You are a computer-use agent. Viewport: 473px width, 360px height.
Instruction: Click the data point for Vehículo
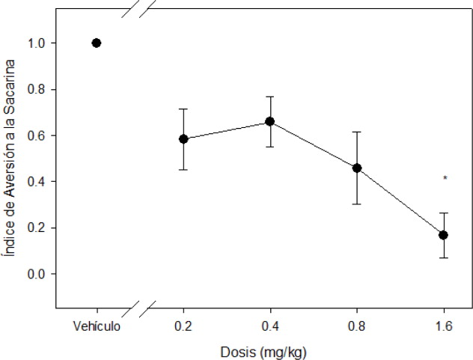coord(97,43)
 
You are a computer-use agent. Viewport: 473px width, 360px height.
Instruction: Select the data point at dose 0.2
coord(183,139)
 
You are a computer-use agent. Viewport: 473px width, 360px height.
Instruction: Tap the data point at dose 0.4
coord(270,121)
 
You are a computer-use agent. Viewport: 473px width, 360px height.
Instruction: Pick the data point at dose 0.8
coord(357,168)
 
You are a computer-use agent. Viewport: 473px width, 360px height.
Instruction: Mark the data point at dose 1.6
coord(444,235)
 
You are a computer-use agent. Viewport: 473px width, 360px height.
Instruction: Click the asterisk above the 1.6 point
coord(445,179)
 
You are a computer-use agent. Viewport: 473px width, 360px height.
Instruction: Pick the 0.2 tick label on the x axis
coord(183,326)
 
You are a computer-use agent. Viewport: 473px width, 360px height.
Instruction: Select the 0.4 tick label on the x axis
coord(270,326)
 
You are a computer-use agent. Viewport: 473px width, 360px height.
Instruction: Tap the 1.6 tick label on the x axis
coord(444,326)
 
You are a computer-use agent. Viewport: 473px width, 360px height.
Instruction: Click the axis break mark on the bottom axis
coord(141,308)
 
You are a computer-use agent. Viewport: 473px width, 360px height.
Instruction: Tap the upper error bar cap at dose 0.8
coord(357,132)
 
